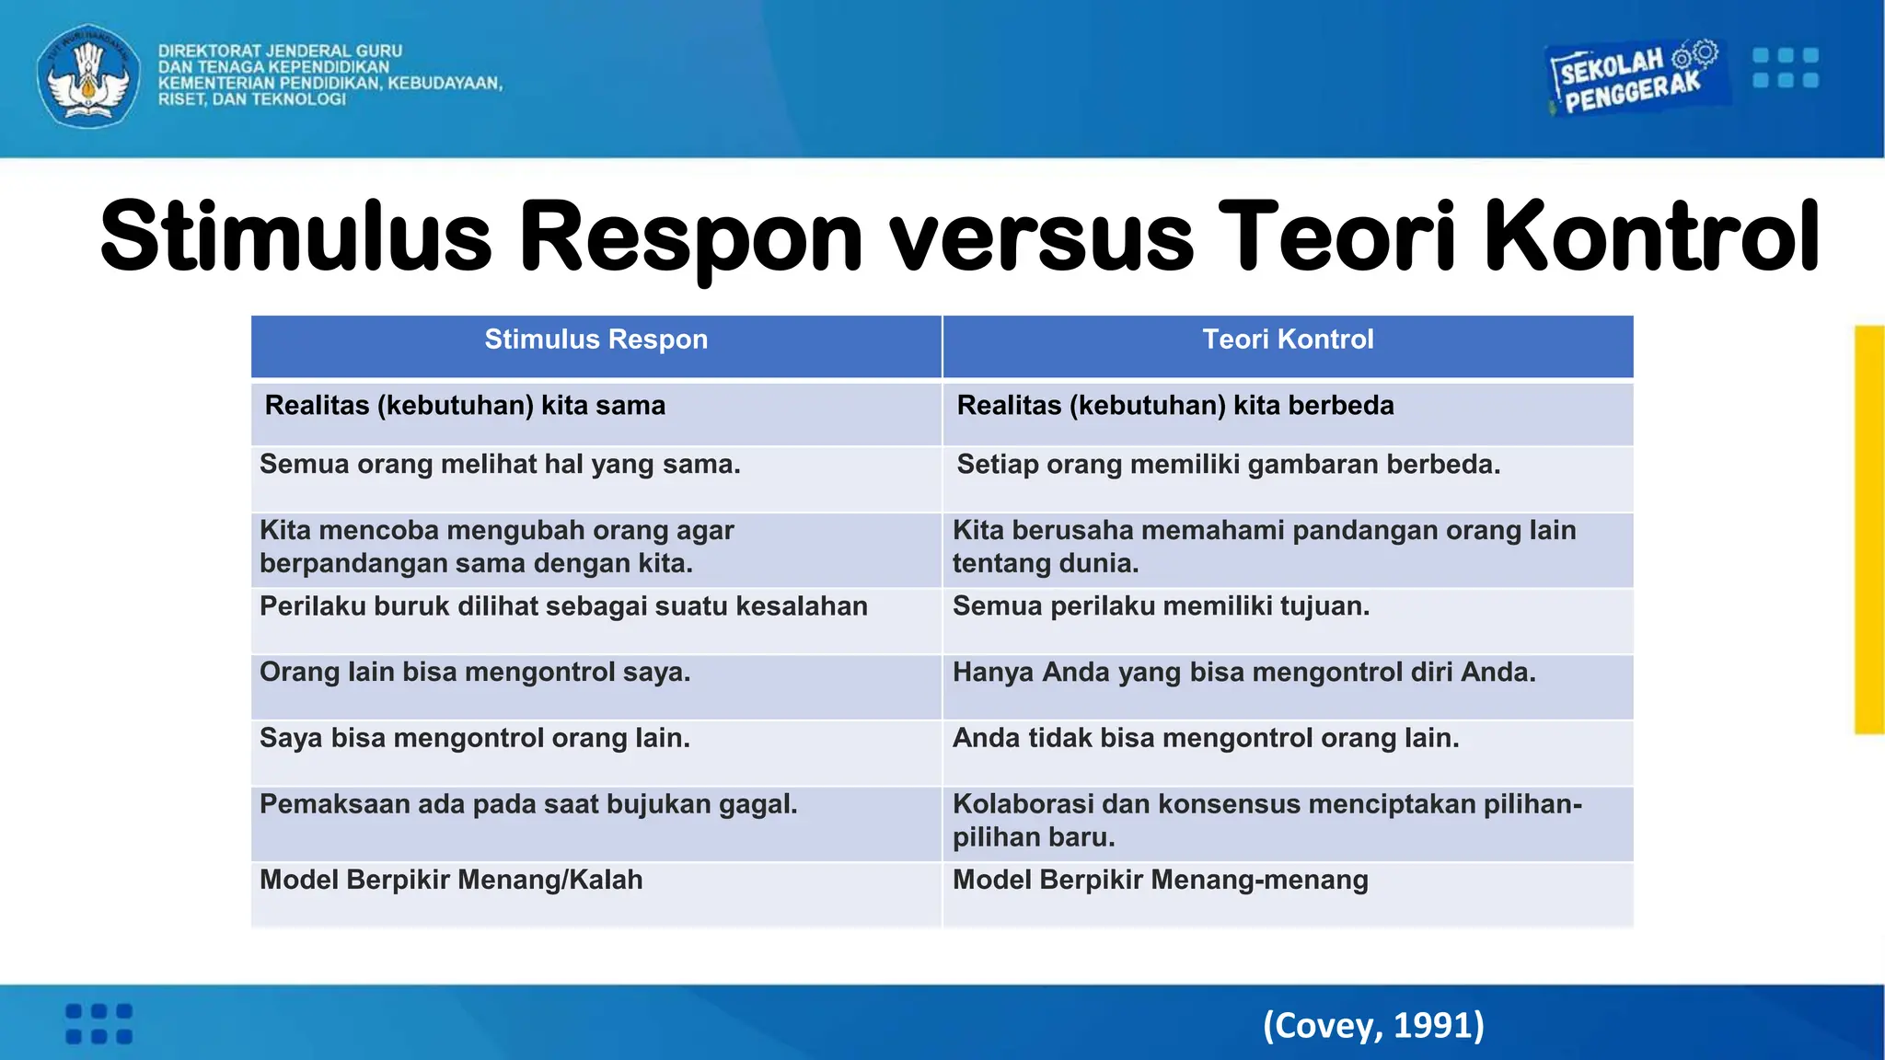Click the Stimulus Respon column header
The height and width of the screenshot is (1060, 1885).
[596, 340]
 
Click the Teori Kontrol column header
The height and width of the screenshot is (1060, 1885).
[1287, 340]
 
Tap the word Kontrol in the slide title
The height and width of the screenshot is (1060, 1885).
[1652, 236]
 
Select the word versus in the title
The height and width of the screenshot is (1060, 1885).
[1040, 236]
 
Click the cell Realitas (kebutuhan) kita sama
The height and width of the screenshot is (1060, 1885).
[465, 406]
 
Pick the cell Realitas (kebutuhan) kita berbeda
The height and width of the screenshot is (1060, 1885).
[1174, 406]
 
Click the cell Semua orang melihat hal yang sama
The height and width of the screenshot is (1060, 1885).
[500, 465]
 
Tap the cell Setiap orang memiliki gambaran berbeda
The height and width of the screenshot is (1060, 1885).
[1228, 465]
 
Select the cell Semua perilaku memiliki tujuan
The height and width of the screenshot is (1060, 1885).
[1161, 606]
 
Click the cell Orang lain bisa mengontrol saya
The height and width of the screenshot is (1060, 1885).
[475, 673]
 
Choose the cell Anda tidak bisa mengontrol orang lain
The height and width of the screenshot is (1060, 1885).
[1206, 739]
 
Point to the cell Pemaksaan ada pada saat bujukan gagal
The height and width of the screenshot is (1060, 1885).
[528, 805]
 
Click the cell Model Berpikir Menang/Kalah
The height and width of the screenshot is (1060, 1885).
[451, 881]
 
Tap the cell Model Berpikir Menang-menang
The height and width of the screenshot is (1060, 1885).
[1160, 881]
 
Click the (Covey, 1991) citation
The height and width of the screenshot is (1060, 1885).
[1373, 1025]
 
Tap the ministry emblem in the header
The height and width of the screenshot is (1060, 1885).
[88, 76]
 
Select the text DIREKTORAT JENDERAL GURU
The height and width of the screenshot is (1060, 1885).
[280, 51]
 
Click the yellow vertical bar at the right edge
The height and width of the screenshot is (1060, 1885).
[1869, 529]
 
